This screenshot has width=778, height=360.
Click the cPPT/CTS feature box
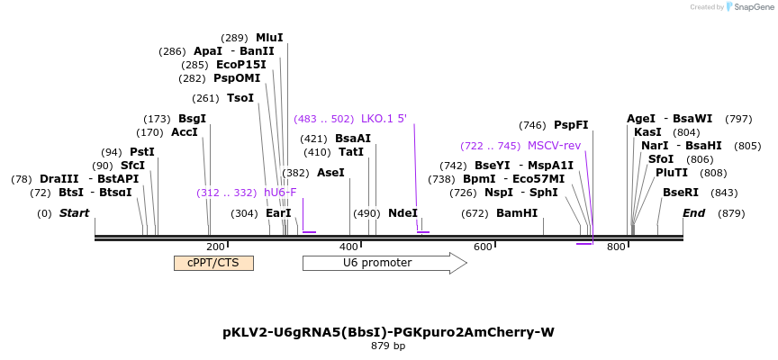point(213,263)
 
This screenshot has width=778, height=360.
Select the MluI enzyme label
point(269,38)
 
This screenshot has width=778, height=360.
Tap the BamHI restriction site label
point(517,213)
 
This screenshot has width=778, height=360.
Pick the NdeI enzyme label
point(403,213)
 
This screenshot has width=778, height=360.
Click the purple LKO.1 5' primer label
point(384,118)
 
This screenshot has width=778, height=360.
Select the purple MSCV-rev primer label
point(554,145)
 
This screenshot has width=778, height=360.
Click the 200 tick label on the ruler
point(215,247)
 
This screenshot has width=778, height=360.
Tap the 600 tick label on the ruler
point(483,247)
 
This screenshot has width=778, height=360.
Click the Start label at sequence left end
point(75,213)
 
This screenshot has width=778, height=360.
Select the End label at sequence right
point(693,213)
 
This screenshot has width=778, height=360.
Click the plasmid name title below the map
point(388,332)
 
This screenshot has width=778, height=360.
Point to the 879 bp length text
point(388,346)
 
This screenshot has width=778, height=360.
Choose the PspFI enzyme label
point(571,125)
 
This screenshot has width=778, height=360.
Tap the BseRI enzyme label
point(680,192)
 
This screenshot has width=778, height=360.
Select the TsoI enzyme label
point(240,98)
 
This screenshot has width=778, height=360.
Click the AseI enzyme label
point(330,172)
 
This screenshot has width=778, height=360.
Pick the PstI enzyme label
point(142,152)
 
